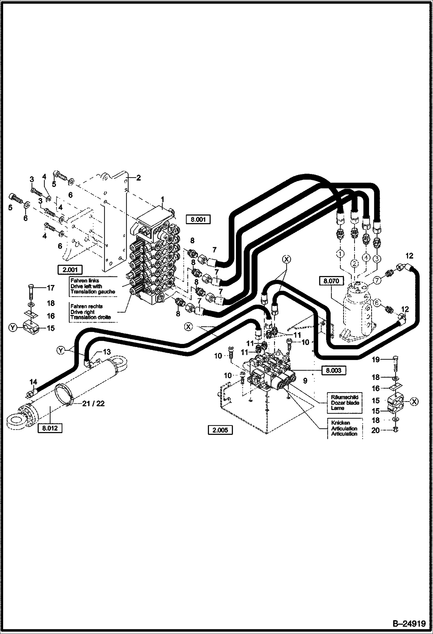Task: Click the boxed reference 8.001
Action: (x=198, y=219)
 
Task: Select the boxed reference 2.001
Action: (x=70, y=270)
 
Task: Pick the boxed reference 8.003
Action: (x=333, y=370)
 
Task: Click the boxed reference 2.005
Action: (x=220, y=430)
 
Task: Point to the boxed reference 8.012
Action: (x=50, y=428)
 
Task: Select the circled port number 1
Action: (x=341, y=254)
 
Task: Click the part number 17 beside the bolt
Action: (x=51, y=288)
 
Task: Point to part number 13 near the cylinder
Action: (x=107, y=352)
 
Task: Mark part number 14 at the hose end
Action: (x=33, y=382)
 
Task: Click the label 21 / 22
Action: (x=93, y=404)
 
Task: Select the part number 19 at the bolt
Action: (x=376, y=360)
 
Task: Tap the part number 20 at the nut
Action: (x=375, y=430)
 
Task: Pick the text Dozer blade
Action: (x=345, y=403)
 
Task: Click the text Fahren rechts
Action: (x=86, y=306)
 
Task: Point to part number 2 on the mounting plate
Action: (x=138, y=178)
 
